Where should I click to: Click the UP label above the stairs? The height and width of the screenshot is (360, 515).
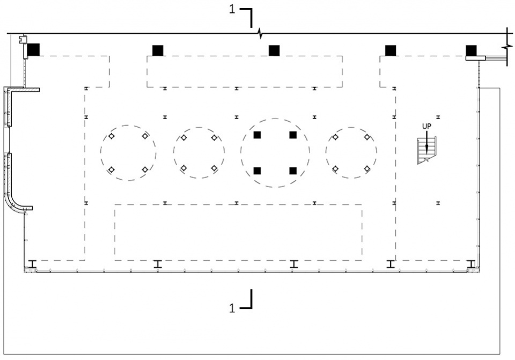(426, 126)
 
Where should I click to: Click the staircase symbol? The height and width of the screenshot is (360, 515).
(426, 150)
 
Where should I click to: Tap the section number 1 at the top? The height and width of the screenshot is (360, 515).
(232, 10)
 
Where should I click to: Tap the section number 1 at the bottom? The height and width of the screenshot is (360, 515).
(232, 308)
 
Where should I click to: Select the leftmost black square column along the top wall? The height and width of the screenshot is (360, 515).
(33, 50)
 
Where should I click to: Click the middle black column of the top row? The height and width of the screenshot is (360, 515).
(274, 50)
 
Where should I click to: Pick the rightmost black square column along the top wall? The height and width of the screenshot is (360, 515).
(471, 50)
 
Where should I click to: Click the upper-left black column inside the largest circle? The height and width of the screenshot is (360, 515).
(257, 135)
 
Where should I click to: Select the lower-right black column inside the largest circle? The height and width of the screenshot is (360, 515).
(293, 171)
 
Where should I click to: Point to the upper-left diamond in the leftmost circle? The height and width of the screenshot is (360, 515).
(112, 136)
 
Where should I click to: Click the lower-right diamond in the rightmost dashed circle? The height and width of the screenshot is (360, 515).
(367, 169)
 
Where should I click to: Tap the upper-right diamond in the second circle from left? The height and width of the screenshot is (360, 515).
(214, 138)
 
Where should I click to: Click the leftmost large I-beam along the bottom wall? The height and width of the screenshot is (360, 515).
(32, 264)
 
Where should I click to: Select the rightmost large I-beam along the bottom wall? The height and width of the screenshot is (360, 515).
(472, 264)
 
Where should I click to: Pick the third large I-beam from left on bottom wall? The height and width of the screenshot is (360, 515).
(293, 264)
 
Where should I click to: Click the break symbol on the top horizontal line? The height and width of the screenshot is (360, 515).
(260, 33)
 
